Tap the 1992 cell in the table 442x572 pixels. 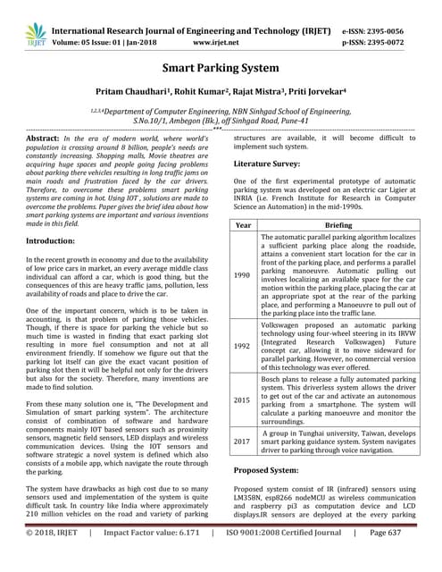(x=243, y=344)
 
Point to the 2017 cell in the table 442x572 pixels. (x=243, y=441)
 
